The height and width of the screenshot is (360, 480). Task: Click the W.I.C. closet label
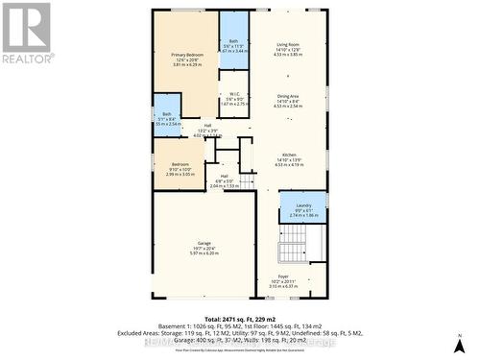click(x=233, y=93)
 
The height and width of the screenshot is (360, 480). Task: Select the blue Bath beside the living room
click(x=233, y=40)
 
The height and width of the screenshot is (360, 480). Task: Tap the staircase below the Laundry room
click(x=292, y=252)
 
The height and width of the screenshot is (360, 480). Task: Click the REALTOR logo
click(x=27, y=33)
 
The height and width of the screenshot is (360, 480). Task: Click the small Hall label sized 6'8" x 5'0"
click(x=224, y=176)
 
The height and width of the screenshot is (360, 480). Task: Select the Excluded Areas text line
click(x=240, y=334)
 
